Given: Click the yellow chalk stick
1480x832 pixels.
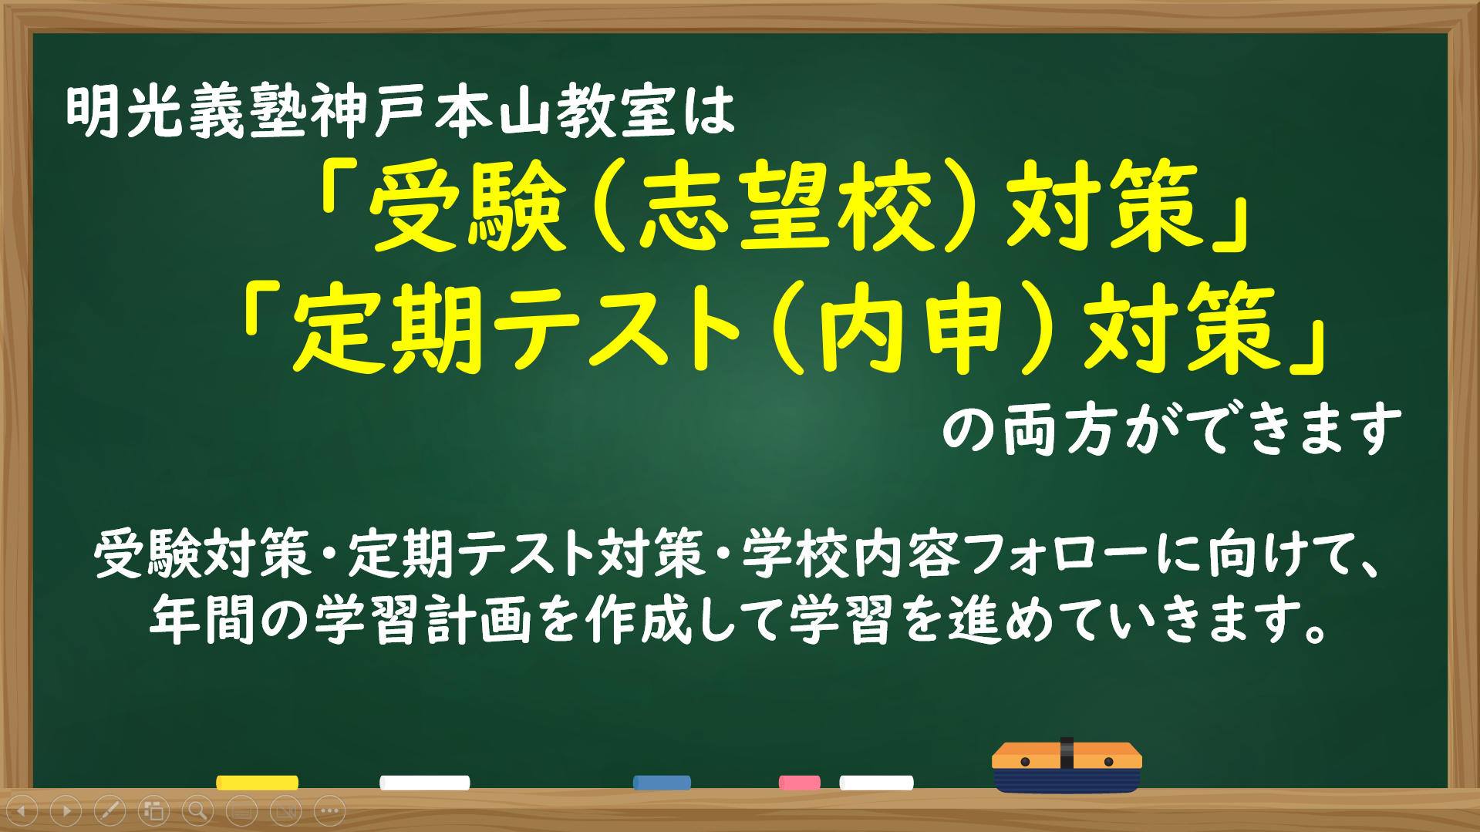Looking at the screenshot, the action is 257,783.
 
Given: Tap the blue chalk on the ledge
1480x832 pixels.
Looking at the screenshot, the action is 662,783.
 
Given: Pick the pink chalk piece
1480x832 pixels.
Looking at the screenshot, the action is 799,783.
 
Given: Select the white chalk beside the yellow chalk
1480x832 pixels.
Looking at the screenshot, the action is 424,783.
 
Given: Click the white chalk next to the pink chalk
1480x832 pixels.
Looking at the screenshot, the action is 876,783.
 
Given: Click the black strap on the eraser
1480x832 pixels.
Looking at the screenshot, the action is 1067,753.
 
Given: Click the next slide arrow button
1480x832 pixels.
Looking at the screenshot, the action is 66,810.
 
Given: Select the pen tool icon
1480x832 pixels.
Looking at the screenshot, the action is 110,810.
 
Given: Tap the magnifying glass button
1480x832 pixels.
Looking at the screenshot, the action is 197,810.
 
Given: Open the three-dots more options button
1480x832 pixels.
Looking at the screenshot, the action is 330,810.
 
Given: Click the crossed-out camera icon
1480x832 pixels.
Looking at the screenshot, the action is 285,810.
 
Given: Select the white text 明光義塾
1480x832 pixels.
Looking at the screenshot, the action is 188,112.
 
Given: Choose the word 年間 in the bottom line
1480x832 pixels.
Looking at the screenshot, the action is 202,620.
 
